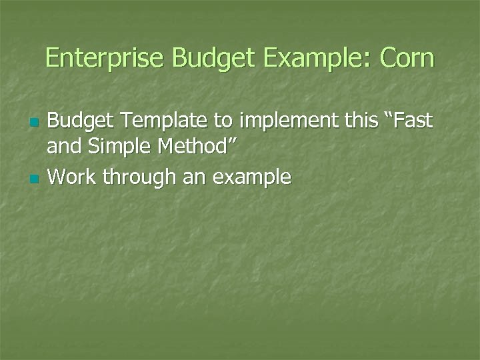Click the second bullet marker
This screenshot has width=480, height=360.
(35, 179)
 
